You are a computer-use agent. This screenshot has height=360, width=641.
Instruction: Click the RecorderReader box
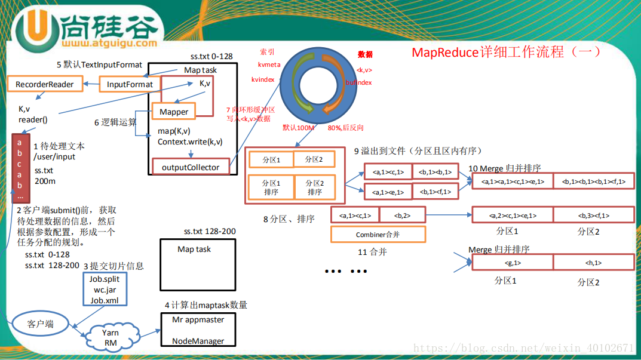pyautogui.click(x=45, y=84)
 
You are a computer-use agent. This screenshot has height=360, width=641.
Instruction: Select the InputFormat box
pyautogui.click(x=130, y=84)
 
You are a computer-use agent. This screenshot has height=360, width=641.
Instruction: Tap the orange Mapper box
pyautogui.click(x=174, y=112)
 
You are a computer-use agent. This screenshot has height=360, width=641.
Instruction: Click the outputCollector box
pyautogui.click(x=191, y=167)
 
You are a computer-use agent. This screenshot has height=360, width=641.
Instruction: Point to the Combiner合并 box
pyautogui.click(x=378, y=235)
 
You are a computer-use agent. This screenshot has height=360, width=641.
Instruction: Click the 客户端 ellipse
pyautogui.click(x=41, y=324)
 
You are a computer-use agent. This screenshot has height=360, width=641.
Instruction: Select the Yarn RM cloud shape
pyautogui.click(x=111, y=337)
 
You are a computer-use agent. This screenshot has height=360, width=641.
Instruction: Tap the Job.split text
pyautogui.click(x=105, y=279)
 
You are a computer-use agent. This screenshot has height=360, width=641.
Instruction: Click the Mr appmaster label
pyautogui.click(x=198, y=319)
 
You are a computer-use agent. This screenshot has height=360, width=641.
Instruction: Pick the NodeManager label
pyautogui.click(x=198, y=341)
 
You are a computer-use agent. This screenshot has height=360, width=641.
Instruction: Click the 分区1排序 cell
pyautogui.click(x=271, y=187)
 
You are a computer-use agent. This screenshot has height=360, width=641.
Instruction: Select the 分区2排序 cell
pyautogui.click(x=315, y=187)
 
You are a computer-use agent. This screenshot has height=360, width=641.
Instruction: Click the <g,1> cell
pyautogui.click(x=511, y=263)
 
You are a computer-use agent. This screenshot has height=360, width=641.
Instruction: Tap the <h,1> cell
pyautogui.click(x=593, y=263)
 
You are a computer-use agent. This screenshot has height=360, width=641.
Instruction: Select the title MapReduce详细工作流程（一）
pyautogui.click(x=506, y=52)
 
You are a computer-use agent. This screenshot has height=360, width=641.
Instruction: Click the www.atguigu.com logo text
pyautogui.click(x=109, y=43)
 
